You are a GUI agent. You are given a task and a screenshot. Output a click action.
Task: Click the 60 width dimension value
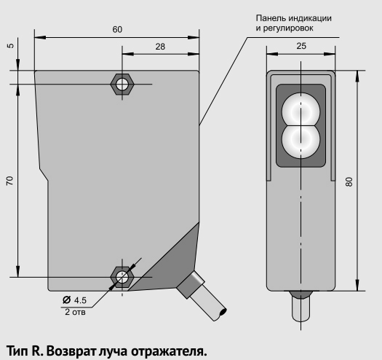click(x=117, y=30)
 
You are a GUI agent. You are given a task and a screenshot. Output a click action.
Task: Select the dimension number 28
click(x=160, y=47)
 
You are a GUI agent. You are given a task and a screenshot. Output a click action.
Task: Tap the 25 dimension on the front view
click(x=301, y=46)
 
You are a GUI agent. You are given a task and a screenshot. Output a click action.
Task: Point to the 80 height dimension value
click(x=349, y=182)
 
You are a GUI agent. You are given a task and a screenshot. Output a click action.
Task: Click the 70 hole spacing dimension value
click(x=9, y=181)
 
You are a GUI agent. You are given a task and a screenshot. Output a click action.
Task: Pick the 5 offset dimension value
click(x=11, y=46)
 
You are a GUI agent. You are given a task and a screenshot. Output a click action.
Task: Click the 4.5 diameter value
click(x=80, y=300)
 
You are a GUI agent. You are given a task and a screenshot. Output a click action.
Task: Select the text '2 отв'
click(x=75, y=312)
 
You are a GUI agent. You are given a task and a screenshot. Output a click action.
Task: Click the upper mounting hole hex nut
click(x=122, y=85)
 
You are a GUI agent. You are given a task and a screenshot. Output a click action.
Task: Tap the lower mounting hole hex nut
click(x=122, y=277)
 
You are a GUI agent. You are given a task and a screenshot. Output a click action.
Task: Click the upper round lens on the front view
click(x=301, y=111)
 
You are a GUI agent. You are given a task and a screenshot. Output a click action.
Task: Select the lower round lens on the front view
click(x=301, y=140)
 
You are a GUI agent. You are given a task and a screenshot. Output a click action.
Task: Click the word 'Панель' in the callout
click(x=270, y=18)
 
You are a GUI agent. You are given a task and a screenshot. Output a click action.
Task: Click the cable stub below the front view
click(x=301, y=307)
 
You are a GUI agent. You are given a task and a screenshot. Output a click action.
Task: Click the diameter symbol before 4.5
click(x=66, y=300)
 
